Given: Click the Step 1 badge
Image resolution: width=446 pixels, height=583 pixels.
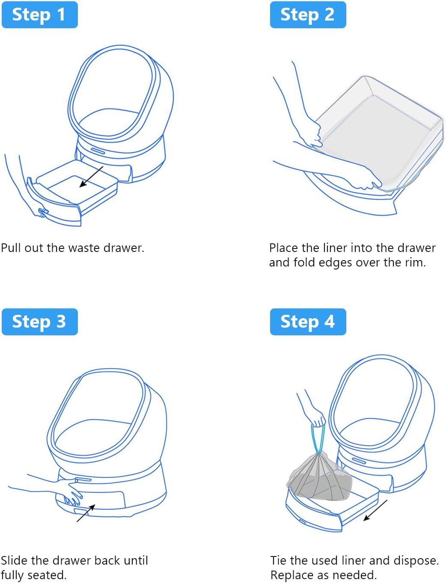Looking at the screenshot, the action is [39, 15].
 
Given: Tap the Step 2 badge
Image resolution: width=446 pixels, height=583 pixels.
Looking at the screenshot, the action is [308, 15].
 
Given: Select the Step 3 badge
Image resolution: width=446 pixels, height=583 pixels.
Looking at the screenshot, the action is [39, 322].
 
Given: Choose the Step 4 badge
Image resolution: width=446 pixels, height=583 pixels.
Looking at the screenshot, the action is [308, 322].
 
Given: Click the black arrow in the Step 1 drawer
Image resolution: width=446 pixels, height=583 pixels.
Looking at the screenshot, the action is [91, 177].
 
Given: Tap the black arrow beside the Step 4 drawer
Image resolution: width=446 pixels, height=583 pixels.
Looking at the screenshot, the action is [375, 510].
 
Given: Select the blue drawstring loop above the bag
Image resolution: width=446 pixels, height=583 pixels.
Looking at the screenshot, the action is [318, 438].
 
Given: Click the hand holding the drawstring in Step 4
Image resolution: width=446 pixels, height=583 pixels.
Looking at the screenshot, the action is [316, 417].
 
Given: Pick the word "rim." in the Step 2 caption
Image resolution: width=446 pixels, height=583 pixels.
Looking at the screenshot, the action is [415, 262].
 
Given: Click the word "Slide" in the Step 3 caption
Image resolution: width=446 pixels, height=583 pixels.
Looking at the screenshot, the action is [14, 560].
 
